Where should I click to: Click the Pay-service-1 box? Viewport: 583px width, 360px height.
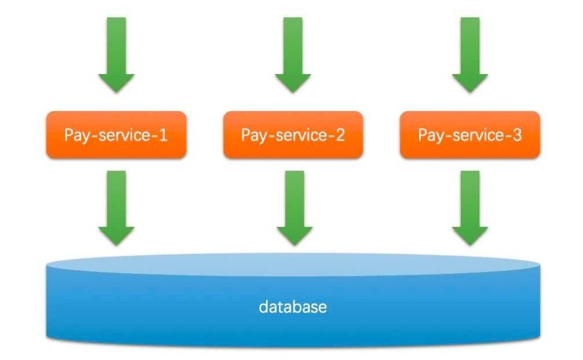point(116,135)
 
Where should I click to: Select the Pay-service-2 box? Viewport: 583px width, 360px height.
point(293,135)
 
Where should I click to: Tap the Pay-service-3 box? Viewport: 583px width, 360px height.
point(470,135)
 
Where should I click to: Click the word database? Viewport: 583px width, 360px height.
point(293,307)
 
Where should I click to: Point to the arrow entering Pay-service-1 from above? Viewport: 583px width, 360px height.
point(116,54)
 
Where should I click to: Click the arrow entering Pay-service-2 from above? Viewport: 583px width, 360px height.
point(293,54)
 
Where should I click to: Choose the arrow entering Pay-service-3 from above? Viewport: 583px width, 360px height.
point(470,54)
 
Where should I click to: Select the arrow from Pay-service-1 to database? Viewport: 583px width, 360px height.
point(116,208)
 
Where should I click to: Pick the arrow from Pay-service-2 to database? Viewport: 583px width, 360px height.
point(295,208)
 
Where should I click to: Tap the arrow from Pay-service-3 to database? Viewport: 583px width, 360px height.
point(470,208)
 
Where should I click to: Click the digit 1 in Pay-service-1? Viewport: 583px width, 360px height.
point(163,135)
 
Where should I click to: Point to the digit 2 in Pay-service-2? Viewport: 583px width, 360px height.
point(340,135)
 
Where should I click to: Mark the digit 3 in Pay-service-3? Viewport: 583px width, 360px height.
point(517,135)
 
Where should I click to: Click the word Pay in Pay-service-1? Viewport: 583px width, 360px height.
point(76,136)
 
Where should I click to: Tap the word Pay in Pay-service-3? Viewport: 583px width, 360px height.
point(431,136)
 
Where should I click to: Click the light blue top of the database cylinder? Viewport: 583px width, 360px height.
point(293,265)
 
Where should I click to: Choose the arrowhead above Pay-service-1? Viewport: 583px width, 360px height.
point(116,83)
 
